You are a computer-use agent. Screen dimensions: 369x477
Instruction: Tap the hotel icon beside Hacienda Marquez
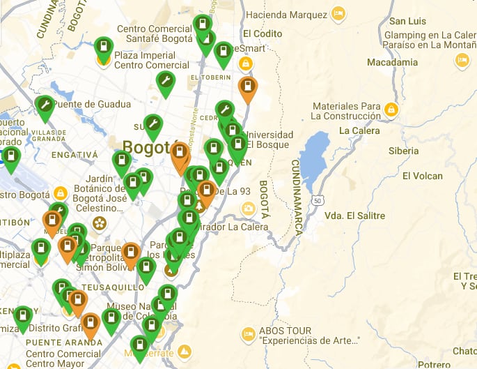click(338, 13)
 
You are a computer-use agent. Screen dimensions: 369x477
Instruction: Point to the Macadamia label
click(392, 62)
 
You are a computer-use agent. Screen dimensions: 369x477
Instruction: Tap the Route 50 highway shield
click(318, 200)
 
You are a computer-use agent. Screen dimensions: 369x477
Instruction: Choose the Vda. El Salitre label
click(354, 216)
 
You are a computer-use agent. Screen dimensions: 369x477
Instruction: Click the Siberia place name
click(404, 151)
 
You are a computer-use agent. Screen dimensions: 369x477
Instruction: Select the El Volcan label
click(422, 176)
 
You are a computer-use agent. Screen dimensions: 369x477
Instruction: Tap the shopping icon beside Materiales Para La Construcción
click(391, 110)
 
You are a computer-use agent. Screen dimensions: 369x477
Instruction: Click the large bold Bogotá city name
click(146, 147)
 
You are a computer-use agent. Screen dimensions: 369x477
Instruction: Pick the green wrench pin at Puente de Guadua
click(45, 106)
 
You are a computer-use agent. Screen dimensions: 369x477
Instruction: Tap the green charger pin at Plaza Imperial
click(104, 49)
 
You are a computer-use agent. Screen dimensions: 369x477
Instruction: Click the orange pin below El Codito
click(247, 88)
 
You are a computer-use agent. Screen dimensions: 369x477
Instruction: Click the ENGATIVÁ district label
click(75, 153)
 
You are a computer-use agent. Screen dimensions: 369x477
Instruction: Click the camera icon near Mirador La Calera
click(248, 209)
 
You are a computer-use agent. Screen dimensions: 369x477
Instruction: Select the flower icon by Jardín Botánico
click(100, 223)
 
